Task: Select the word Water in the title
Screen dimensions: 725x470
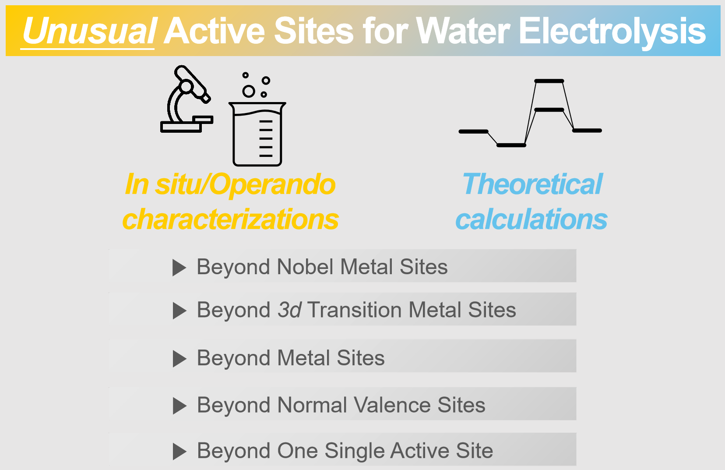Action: coord(463,31)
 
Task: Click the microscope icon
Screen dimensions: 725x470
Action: coord(187,99)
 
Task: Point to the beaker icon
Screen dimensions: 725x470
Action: coord(257,134)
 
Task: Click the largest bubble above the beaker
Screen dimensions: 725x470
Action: coord(249,92)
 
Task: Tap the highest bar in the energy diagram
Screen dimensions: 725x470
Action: coord(549,81)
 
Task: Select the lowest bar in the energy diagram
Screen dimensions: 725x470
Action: coord(511,145)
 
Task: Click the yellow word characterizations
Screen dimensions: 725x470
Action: coord(230,219)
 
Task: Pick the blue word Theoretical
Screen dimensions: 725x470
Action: coord(532,184)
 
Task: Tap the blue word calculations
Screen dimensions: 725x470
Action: coord(531,219)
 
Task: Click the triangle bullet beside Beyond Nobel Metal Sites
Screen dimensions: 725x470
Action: coord(179,268)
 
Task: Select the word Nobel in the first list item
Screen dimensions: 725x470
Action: coord(305,267)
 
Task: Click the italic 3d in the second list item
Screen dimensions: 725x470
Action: coord(290,310)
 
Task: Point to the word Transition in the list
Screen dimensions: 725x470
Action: coord(355,310)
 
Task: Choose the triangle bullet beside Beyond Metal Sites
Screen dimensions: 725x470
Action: coord(179,359)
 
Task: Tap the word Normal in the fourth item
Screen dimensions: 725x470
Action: coord(312,405)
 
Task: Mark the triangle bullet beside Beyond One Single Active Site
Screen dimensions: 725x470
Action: coord(179,452)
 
